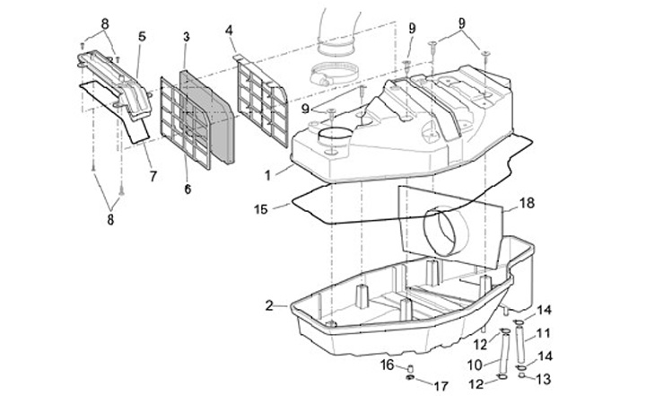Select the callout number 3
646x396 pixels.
tap(187, 37)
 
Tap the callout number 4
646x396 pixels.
tap(229, 31)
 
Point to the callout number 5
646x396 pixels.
tap(142, 36)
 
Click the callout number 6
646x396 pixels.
tap(188, 189)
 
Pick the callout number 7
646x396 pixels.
tap(153, 177)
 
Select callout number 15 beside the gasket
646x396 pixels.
tap(261, 209)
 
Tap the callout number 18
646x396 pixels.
tap(527, 203)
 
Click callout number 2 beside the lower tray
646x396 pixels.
tap(269, 306)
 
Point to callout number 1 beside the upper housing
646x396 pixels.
tap(267, 176)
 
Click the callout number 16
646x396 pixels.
tap(388, 365)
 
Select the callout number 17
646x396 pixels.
tap(441, 386)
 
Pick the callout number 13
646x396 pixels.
tap(545, 379)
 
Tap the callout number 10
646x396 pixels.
tap(475, 365)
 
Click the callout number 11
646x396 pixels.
tap(544, 333)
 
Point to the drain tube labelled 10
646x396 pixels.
tap(504, 353)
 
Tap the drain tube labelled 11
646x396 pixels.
tap(520, 343)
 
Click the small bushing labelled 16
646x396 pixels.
tap(410, 367)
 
